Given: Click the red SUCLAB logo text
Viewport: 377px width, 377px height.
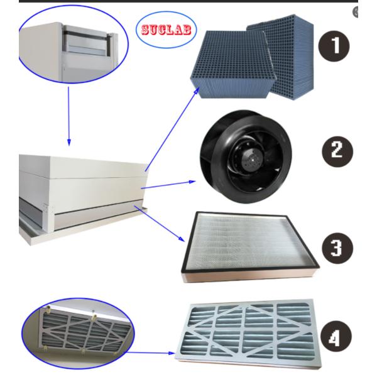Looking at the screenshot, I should [167, 30].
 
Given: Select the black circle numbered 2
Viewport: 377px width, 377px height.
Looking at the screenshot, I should [333, 151].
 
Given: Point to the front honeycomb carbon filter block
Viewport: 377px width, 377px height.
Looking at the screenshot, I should [232, 69].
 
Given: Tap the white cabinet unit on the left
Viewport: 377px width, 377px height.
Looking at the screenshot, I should [75, 182].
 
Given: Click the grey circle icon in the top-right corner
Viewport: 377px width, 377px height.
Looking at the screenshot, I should [356, 12].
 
